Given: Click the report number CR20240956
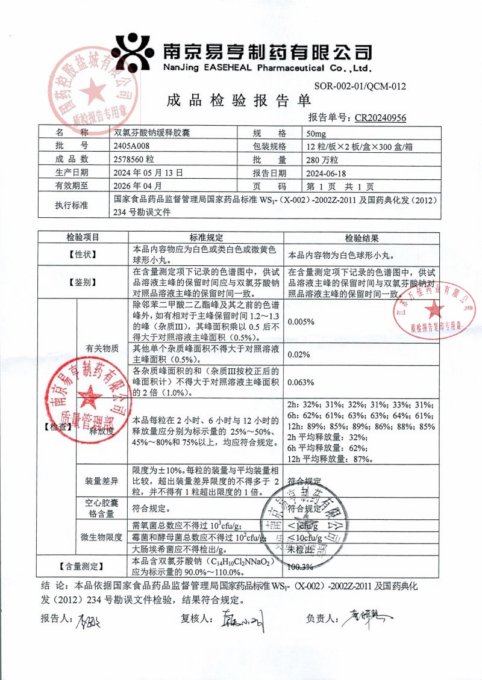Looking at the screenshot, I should click(x=380, y=118).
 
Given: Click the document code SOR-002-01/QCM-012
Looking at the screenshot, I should click(x=360, y=87).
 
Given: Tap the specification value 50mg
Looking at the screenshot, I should click(x=316, y=133).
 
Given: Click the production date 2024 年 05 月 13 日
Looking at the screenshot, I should click(x=148, y=172).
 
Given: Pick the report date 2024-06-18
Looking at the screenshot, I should click(x=328, y=172).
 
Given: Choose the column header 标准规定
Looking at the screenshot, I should click(x=207, y=238).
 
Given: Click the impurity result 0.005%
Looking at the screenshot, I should click(x=301, y=321).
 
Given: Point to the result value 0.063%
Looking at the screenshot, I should click(x=301, y=382).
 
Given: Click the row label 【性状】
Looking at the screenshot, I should click(x=81, y=255).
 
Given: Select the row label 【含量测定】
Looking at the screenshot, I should click(x=81, y=566).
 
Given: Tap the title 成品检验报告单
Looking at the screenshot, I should click(x=239, y=100).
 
